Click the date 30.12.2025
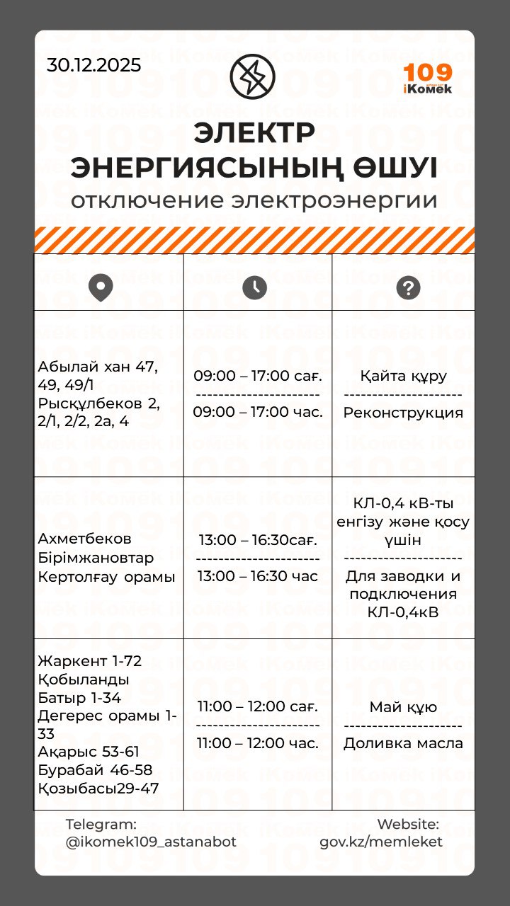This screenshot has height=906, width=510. [94, 65]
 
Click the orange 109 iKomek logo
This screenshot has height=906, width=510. [428, 78]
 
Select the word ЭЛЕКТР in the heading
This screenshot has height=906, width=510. [254, 132]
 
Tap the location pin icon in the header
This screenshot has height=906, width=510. [101, 287]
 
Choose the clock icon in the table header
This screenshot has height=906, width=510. [254, 287]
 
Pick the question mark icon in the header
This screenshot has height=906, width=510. [408, 287]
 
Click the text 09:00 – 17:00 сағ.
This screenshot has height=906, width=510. [258, 376]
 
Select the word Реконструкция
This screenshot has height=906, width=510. [403, 413]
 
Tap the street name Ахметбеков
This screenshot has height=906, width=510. [85, 539]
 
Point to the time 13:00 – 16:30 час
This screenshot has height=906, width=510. [258, 576]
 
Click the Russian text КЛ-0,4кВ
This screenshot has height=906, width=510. [403, 612]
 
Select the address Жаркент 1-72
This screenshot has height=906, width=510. [90, 661]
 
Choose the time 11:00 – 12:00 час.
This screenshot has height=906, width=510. [258, 743]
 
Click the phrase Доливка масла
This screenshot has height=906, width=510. [403, 743]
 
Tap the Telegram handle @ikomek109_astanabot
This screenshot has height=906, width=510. [151, 842]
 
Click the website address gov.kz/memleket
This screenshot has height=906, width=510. [381, 842]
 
